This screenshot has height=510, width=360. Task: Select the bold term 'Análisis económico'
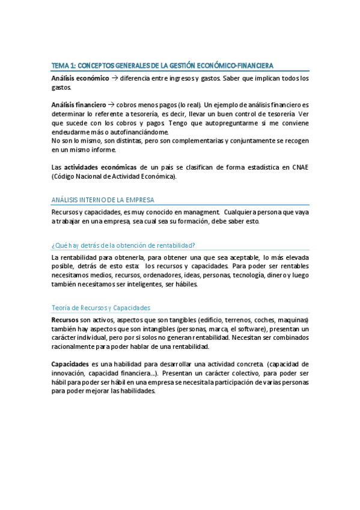(80, 78)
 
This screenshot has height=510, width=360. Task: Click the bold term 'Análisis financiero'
(79, 105)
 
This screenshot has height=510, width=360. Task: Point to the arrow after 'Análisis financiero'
(113, 105)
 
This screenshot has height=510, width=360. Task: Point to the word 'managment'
(195, 212)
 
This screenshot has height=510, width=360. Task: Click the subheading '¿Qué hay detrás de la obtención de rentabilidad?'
(123, 244)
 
